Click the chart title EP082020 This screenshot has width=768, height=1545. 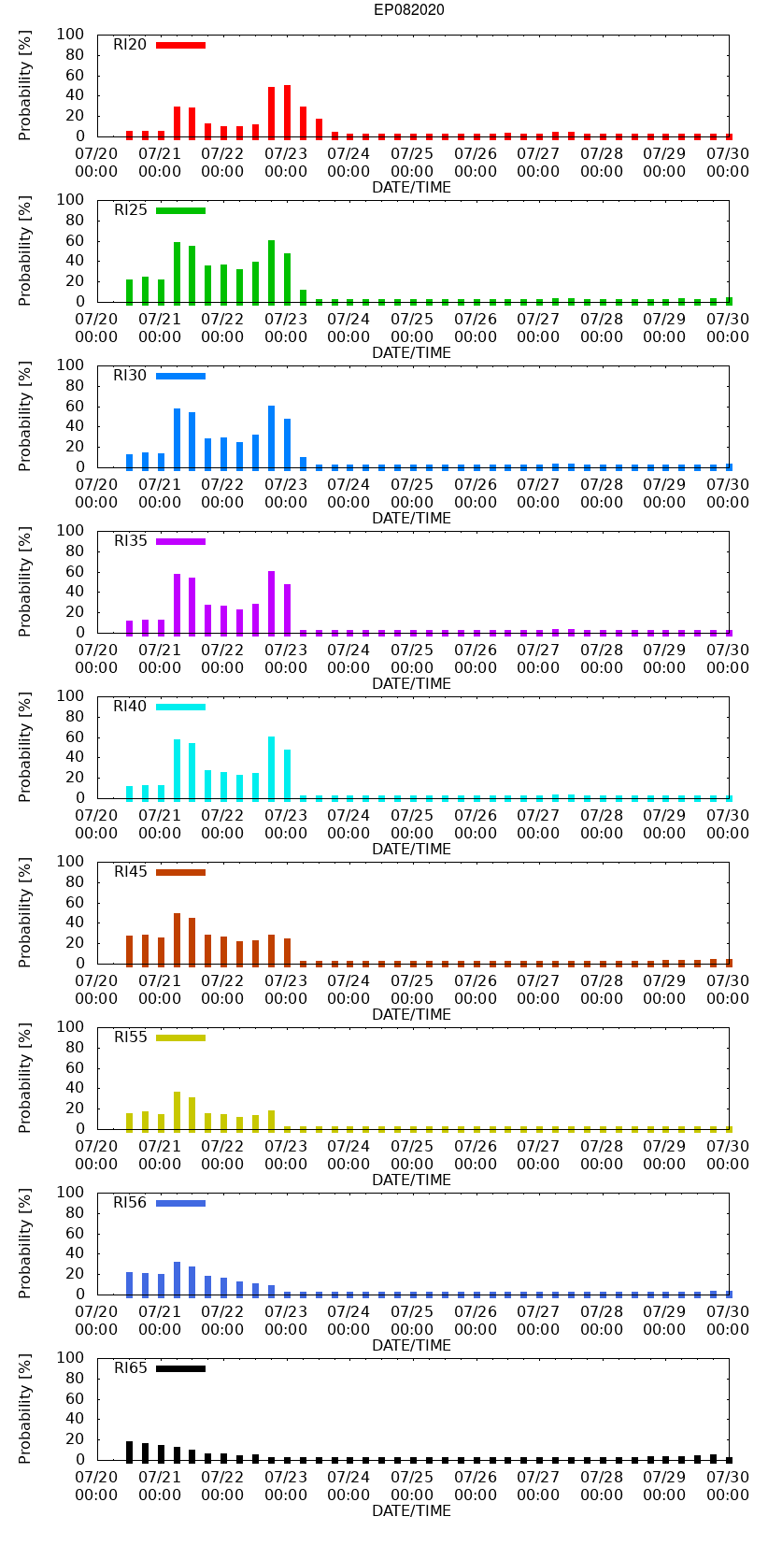pos(408,10)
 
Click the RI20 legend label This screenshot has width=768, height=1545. pos(130,45)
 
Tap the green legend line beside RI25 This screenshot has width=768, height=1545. pos(180,210)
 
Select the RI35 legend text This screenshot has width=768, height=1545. pos(130,541)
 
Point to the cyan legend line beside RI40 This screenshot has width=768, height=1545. pos(180,707)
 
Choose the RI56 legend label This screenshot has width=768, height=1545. pos(130,1203)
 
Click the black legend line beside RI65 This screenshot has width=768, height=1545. pos(180,1368)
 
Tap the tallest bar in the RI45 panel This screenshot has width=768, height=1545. pos(177,938)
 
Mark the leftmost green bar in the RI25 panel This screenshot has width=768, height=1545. pos(129,291)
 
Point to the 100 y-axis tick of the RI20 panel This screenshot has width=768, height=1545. pos(71,35)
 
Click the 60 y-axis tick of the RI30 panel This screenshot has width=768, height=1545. pos(75,407)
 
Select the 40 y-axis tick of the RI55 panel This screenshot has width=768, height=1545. pos(75,1088)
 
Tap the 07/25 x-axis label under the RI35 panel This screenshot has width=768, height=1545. pos(412,659)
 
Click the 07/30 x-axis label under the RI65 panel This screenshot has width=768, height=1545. pos(727,1486)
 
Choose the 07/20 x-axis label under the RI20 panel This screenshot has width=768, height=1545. pos(96,163)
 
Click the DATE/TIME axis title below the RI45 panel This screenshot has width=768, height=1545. pos(411,1015)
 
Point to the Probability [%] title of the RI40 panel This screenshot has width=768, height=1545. pos(25,747)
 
